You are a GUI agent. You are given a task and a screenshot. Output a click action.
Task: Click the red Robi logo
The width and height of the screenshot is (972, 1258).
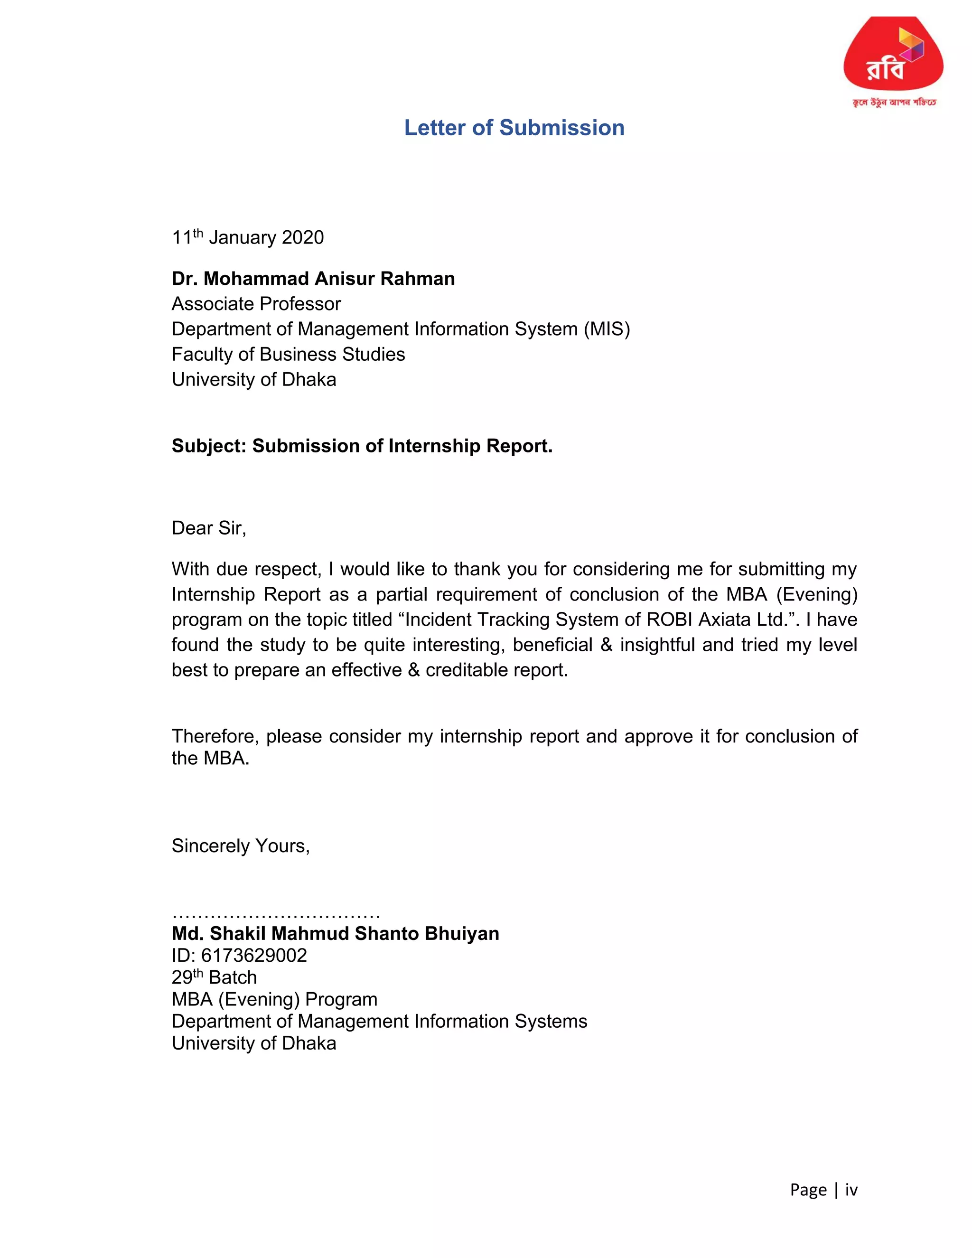point(893,57)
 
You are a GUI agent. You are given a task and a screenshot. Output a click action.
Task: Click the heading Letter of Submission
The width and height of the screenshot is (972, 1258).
point(514,128)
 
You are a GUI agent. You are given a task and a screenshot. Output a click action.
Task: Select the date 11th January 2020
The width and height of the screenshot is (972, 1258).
point(248,237)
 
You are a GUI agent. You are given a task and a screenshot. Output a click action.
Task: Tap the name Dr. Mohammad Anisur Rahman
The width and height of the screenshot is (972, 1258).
point(313,279)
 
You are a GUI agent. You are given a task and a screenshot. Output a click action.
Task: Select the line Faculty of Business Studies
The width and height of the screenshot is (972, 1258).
point(288,354)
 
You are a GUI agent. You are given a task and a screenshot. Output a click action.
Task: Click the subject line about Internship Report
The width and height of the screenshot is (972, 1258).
point(362,446)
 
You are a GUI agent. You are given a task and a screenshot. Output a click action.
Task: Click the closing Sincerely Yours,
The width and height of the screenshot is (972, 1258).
point(241,846)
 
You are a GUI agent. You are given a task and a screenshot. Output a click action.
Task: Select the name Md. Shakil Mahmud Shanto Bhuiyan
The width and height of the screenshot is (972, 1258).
point(335,934)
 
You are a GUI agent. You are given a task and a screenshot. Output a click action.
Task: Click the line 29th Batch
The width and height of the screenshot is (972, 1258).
point(214,978)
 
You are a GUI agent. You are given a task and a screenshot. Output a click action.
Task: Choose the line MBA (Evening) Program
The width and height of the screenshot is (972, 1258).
point(274,1000)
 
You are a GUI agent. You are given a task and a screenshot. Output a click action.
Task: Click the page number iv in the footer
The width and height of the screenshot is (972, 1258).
point(851,1190)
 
